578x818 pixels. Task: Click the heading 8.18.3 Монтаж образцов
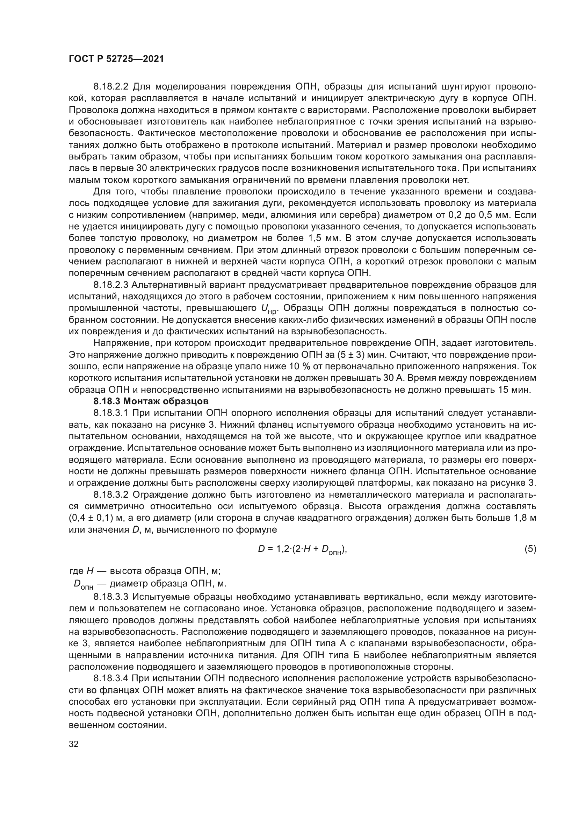click(151, 401)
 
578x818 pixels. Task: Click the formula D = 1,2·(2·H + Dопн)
click(302, 550)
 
